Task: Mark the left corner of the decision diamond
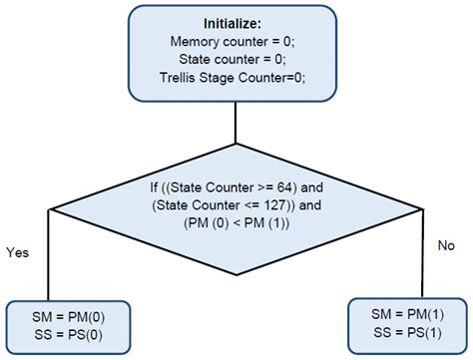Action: click(50, 207)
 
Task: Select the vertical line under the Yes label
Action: click(50, 269)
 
